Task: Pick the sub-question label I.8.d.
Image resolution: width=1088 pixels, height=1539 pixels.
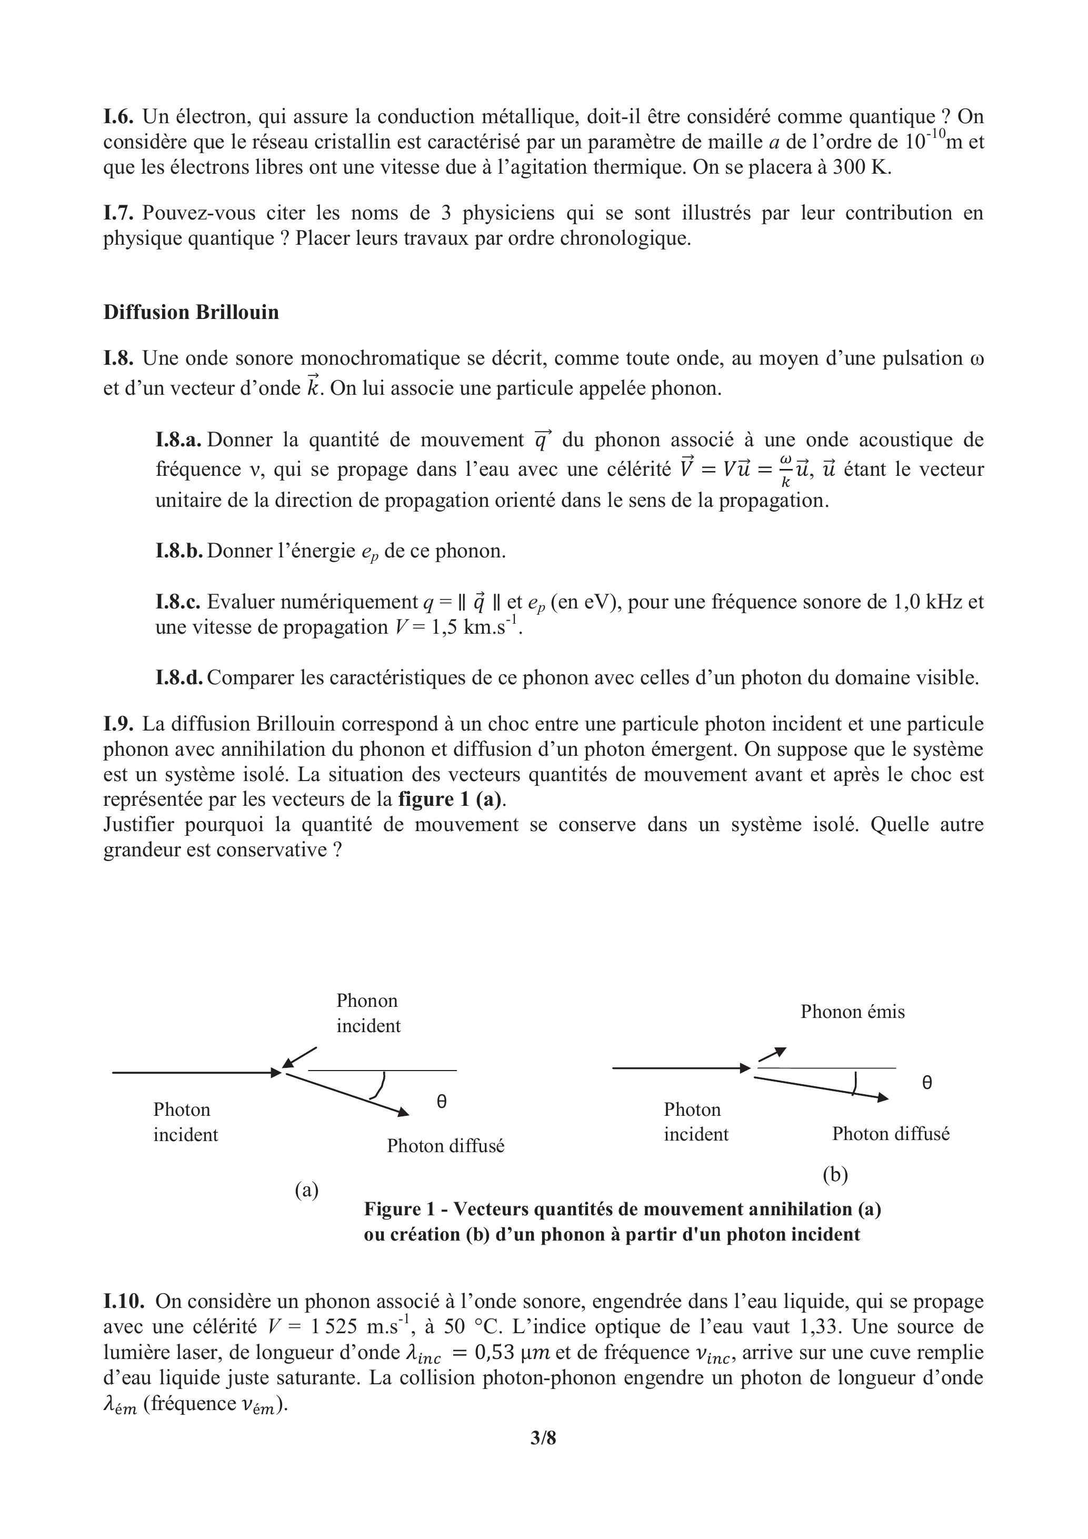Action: (x=179, y=678)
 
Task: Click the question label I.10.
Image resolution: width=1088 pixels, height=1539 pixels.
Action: (x=124, y=1301)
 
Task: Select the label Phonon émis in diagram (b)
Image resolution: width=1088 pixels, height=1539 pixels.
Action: (x=852, y=1012)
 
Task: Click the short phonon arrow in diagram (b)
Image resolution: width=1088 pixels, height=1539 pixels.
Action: (x=772, y=1054)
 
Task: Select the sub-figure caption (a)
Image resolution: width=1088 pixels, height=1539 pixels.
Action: (x=306, y=1191)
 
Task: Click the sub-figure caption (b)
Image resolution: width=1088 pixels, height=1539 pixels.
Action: (x=835, y=1174)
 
